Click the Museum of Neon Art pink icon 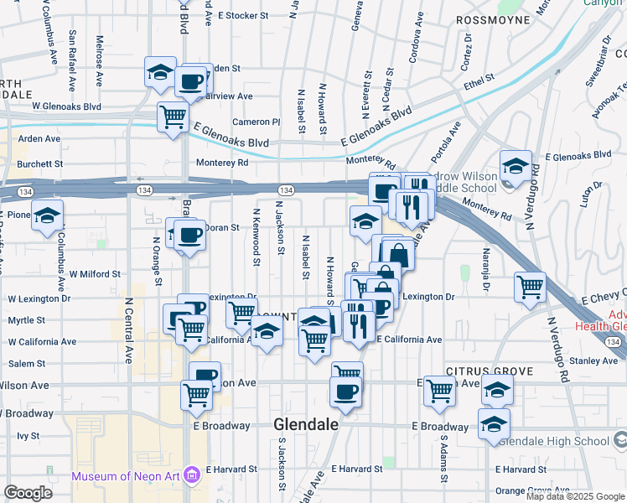click(192, 476)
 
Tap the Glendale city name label click(306, 425)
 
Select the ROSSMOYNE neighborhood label click(493, 18)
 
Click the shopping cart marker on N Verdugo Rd click(530, 287)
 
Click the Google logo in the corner click(28, 493)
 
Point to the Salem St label click(27, 363)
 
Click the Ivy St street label click(28, 436)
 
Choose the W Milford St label click(95, 273)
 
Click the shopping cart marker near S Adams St click(439, 390)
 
